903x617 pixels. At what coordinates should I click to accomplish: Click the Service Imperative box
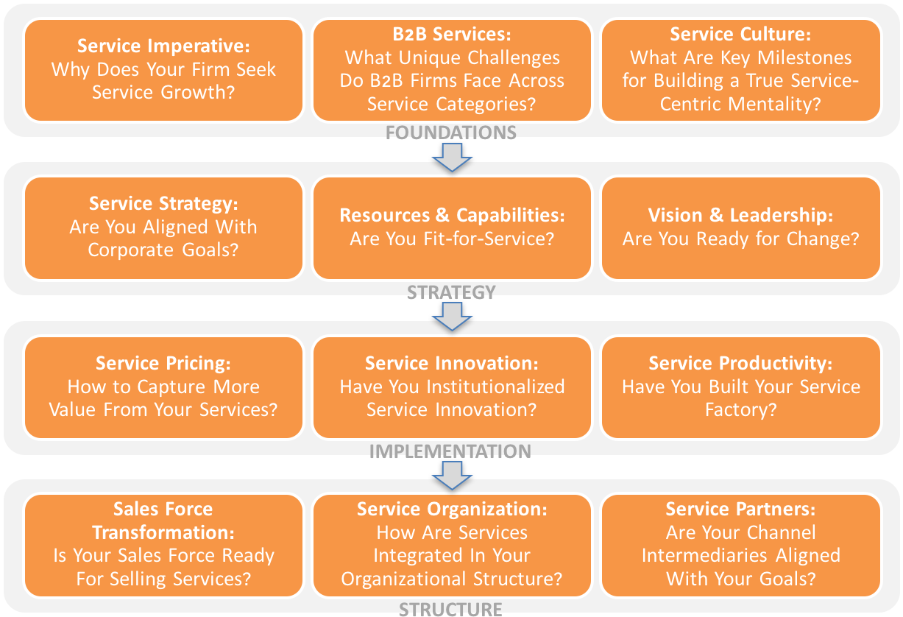point(163,70)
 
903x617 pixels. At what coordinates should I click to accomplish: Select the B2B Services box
point(452,70)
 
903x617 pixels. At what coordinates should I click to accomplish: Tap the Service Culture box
point(740,70)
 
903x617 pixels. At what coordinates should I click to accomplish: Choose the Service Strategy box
point(163,228)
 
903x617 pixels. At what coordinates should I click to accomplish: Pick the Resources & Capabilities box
point(452,228)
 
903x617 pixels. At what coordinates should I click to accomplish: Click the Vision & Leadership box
point(740,228)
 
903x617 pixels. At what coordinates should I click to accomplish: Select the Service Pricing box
point(163,387)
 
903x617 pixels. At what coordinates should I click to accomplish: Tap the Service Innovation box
point(452,387)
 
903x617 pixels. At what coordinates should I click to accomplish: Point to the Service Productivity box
point(740,387)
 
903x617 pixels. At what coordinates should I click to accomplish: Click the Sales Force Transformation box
point(163,544)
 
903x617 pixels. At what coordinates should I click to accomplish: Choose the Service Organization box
point(452,544)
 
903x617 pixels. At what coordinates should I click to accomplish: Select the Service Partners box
point(740,544)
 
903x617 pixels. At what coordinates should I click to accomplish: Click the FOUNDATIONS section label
point(451,133)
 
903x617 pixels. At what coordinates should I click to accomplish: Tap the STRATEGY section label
point(451,292)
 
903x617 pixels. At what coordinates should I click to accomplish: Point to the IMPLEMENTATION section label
point(450,451)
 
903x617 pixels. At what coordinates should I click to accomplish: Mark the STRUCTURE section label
point(450,609)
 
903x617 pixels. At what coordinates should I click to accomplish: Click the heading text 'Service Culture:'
point(740,35)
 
